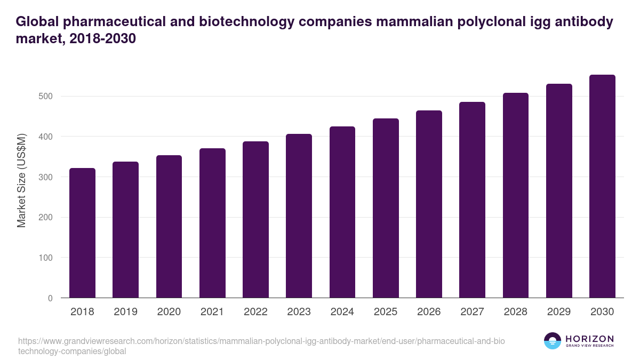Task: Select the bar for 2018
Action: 82,233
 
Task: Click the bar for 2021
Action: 212,223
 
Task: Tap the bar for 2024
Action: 342,212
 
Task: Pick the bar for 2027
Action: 473,200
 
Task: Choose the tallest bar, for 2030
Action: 602,186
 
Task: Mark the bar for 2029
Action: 559,191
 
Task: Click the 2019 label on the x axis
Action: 125,312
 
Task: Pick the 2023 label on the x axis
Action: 299,312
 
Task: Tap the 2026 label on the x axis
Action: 429,312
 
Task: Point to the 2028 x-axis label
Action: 516,312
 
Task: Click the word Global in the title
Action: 36,22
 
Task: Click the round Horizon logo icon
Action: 552,341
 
